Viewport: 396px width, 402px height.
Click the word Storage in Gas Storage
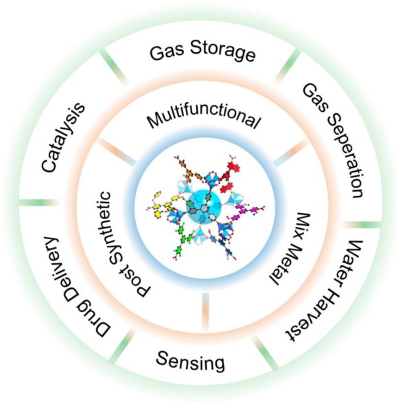222,52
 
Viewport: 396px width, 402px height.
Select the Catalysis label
63,137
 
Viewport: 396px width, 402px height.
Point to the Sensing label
191,361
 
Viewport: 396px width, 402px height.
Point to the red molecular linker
230,175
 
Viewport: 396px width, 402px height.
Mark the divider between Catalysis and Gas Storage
115,67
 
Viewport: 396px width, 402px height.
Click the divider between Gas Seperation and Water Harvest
362,225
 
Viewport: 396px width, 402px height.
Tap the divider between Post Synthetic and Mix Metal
206,311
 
